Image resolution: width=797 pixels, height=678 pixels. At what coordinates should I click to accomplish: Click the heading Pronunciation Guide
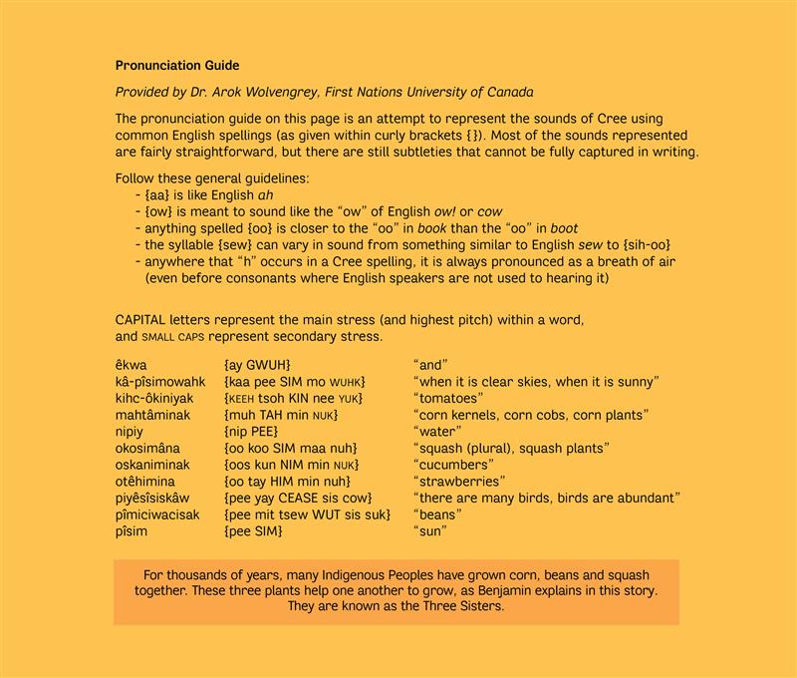point(177,66)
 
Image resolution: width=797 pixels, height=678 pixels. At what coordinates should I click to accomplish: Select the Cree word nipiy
point(133,432)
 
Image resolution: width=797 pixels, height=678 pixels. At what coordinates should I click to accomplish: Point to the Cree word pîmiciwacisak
point(157,514)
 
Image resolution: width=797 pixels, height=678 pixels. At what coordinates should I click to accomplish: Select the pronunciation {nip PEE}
point(259,432)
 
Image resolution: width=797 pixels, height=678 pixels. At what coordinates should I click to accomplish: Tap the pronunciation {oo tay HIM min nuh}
point(288,481)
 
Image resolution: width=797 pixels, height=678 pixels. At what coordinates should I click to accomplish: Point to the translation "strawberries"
point(459,481)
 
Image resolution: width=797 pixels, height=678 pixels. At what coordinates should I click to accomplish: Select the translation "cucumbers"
point(453,465)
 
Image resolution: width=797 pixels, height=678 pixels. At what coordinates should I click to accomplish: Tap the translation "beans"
point(437,514)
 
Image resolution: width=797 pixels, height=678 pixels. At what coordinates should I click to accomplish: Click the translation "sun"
point(430,530)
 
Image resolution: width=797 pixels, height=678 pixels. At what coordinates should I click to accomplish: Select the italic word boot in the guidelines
point(564,228)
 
